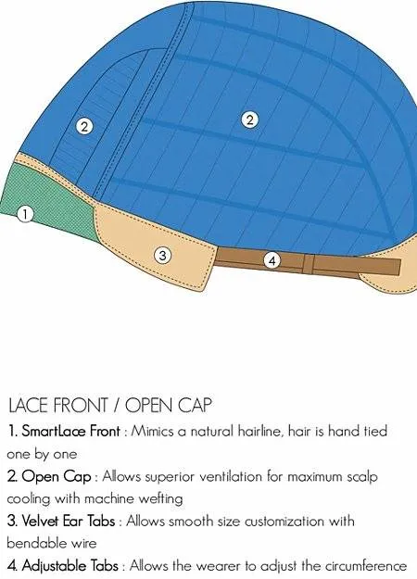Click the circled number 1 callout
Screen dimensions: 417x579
click(x=25, y=214)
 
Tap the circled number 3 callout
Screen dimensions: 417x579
click(x=162, y=256)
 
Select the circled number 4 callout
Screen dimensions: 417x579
click(x=272, y=260)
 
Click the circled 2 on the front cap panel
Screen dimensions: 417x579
click(x=84, y=127)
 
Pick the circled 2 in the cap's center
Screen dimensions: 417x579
click(x=249, y=120)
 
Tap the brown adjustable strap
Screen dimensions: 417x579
click(x=308, y=262)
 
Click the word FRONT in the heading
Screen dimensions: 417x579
click(x=81, y=406)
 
